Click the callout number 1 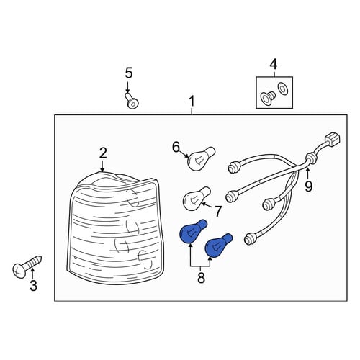[192, 102]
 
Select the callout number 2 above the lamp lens [103, 153]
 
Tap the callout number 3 [33, 286]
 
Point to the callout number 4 [274, 65]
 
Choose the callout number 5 [129, 73]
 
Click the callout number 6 [176, 147]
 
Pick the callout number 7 [217, 211]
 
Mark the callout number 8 [201, 278]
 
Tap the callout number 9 [309, 186]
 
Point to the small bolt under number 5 [132, 100]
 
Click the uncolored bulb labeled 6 [200, 158]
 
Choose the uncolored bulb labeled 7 [196, 199]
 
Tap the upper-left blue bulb [192, 232]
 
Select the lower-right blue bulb [218, 246]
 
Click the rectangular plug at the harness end [332, 140]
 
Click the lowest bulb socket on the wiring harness [249, 238]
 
